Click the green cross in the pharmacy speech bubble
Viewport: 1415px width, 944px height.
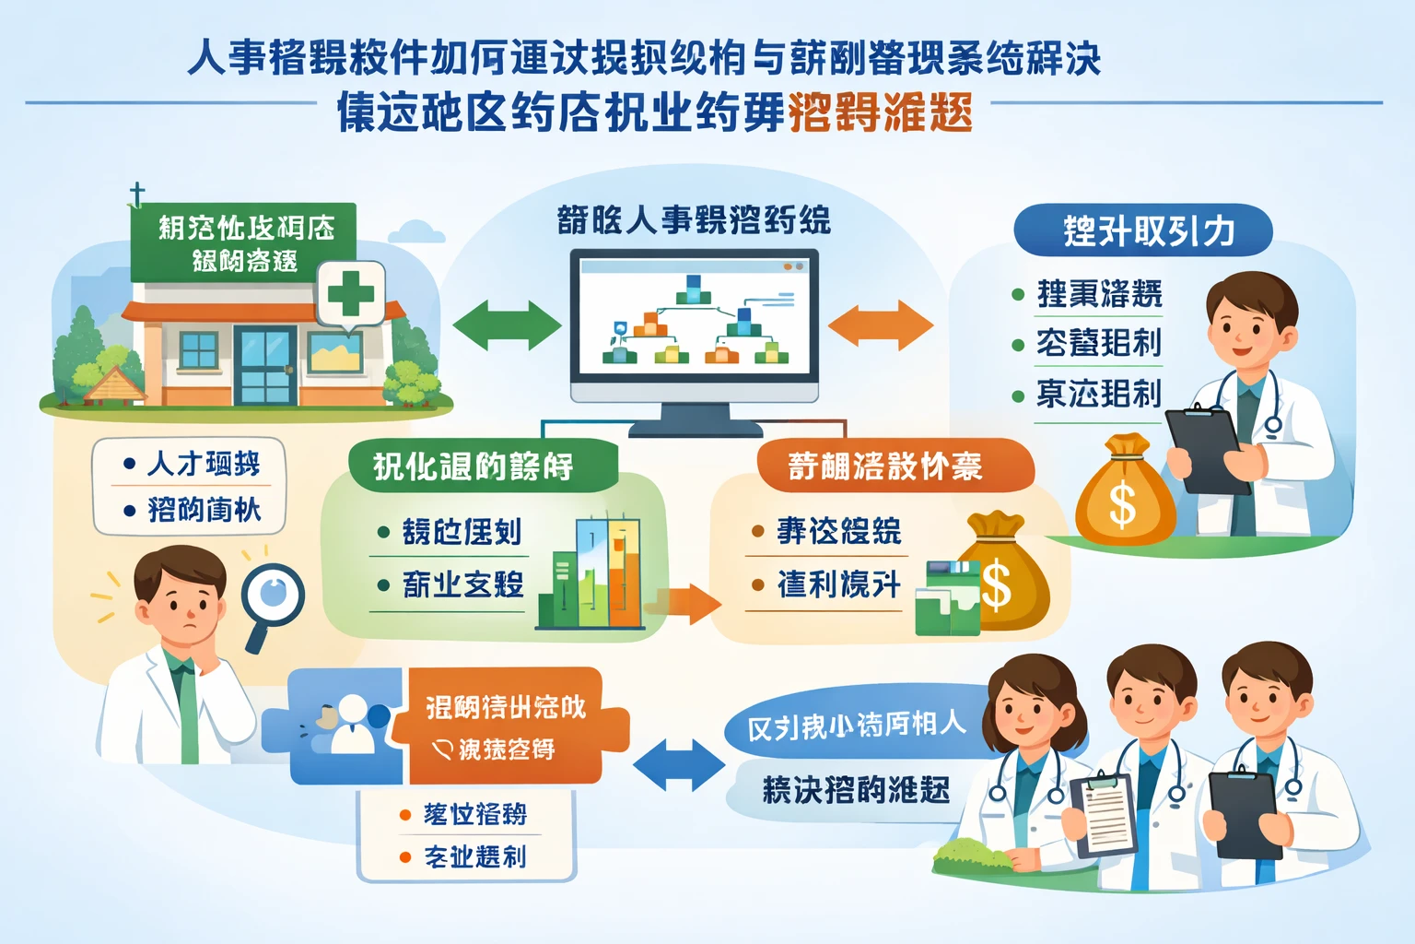coord(350,294)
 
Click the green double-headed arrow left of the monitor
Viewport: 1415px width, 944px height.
coord(507,324)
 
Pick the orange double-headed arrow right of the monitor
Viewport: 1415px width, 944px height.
coord(880,324)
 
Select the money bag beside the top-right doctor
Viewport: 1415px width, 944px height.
coord(1125,492)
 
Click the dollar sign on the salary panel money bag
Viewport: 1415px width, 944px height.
coord(996,586)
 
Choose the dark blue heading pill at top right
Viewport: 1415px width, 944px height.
coord(1142,230)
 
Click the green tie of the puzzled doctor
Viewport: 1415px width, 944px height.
coord(189,710)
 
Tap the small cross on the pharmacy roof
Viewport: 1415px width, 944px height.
coord(136,195)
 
